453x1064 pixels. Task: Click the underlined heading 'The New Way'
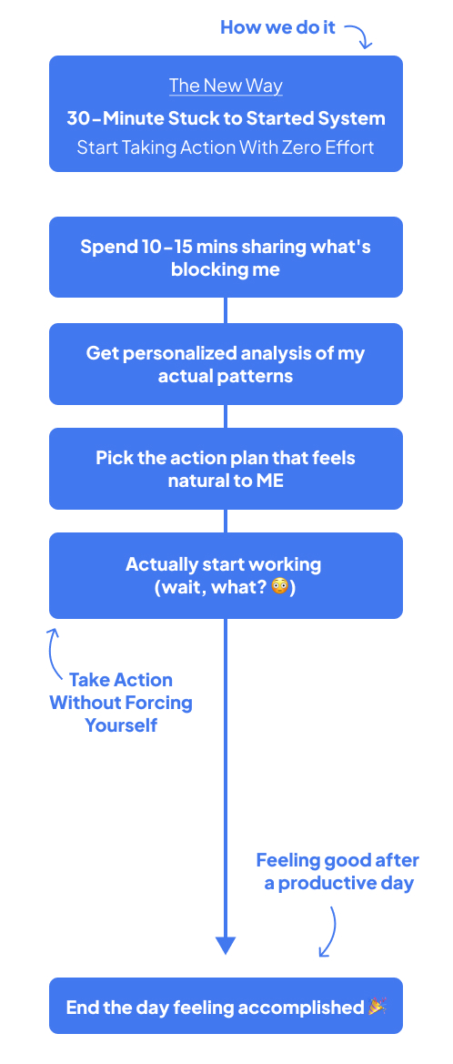click(x=226, y=86)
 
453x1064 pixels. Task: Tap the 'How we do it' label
click(x=278, y=27)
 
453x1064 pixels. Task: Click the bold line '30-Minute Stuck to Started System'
click(x=226, y=118)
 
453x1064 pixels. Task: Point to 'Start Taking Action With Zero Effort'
click(x=226, y=147)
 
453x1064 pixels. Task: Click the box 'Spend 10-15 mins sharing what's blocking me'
click(x=226, y=258)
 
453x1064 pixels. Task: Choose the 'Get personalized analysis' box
click(x=226, y=364)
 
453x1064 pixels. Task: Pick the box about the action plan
click(x=226, y=468)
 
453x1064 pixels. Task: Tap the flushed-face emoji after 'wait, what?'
click(x=279, y=586)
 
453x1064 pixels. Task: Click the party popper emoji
click(x=377, y=1007)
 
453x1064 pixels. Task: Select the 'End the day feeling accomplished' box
click(x=226, y=1006)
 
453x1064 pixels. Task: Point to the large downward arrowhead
click(x=226, y=946)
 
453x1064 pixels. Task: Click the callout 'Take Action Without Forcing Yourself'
click(x=121, y=703)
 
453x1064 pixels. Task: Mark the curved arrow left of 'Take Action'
click(x=50, y=652)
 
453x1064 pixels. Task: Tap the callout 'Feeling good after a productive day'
click(x=337, y=872)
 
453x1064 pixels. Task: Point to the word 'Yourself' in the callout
click(x=121, y=725)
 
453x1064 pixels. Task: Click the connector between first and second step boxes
click(x=226, y=310)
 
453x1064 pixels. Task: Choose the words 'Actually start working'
click(x=224, y=564)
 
